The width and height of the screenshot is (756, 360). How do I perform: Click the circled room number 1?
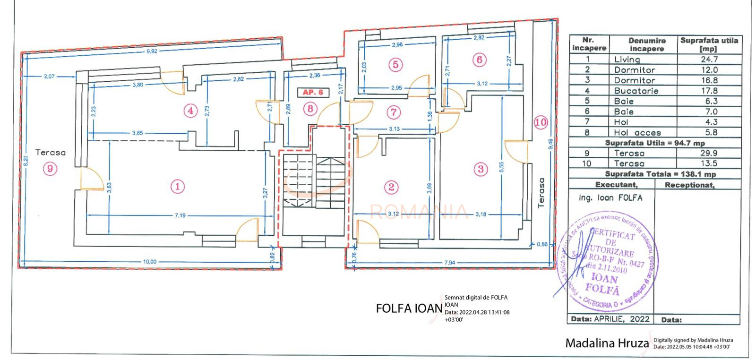coord(178,186)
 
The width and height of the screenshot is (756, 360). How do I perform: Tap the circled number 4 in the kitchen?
coord(190,111)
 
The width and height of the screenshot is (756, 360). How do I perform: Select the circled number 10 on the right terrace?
coord(541,122)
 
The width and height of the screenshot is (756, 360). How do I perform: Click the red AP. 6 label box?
coord(313,92)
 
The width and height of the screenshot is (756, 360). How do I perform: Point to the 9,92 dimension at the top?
coord(152,51)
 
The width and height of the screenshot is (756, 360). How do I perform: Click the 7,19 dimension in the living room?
coord(180,215)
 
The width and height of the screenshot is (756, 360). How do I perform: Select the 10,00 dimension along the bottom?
coord(150,262)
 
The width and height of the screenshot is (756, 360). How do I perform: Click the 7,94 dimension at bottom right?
coord(449,263)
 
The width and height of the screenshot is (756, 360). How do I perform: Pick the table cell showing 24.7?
coord(709,59)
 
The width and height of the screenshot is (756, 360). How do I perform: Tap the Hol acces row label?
coord(637,133)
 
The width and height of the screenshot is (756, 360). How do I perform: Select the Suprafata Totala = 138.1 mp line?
coord(654,174)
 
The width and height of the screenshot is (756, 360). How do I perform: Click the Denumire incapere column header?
coord(644,45)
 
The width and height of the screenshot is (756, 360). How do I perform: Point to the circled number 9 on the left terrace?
coord(50,168)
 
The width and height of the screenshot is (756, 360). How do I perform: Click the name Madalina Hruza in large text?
coord(607,343)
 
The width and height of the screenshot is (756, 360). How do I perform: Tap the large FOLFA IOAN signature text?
coord(409,308)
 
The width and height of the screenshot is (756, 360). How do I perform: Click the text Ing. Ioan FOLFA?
coord(610,198)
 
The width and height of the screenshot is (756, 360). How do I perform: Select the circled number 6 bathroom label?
coord(479,60)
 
